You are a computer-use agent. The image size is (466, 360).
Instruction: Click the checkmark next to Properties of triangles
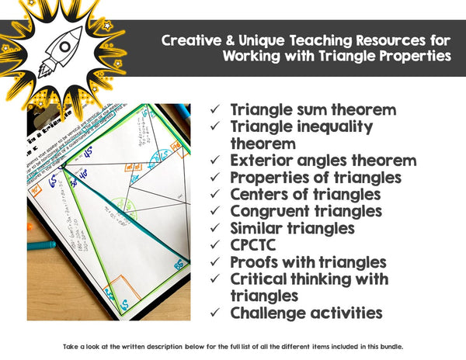pyautogui.click(x=216, y=178)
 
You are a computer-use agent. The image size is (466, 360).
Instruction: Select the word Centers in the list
pyautogui.click(x=260, y=194)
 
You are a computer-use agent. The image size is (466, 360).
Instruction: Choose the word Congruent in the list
pyautogui.click(x=269, y=211)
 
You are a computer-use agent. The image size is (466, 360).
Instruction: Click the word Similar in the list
pyautogui.click(x=257, y=228)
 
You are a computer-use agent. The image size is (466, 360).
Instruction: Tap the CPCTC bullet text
pyautogui.click(x=255, y=245)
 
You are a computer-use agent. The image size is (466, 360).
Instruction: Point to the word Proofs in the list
pyautogui.click(x=254, y=262)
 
